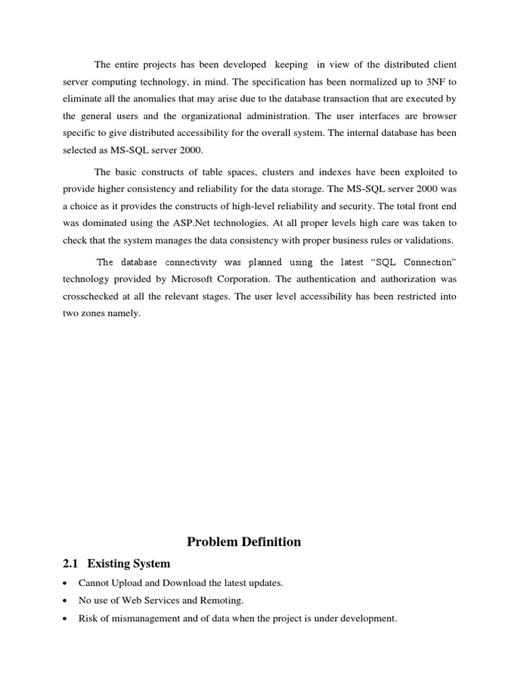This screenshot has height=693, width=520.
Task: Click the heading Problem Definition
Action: (x=244, y=542)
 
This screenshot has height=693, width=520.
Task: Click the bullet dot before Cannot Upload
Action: (x=64, y=583)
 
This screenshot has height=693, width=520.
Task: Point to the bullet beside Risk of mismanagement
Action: (x=64, y=619)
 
